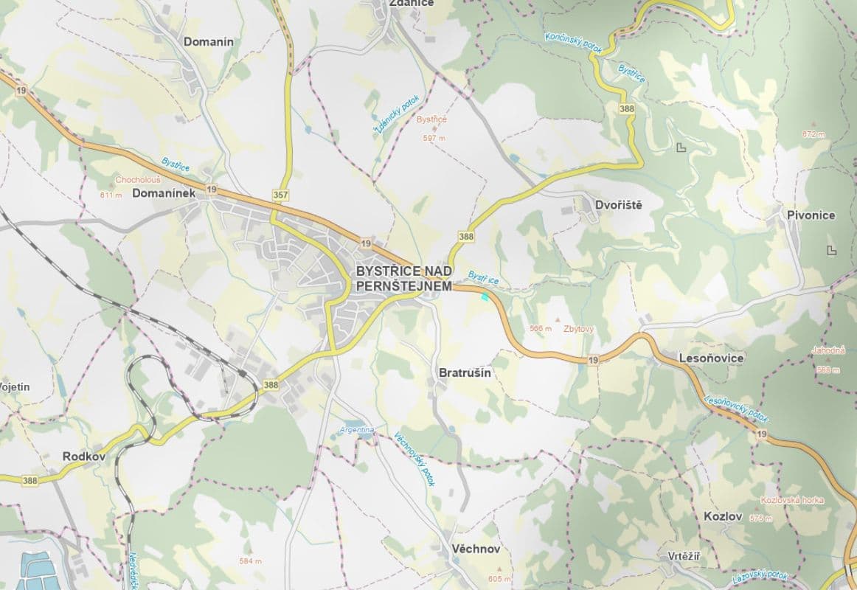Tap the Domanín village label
pyautogui.click(x=208, y=41)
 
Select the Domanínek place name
pyautogui.click(x=163, y=193)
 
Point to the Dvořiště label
pyautogui.click(x=618, y=204)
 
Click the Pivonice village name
pyautogui.click(x=811, y=215)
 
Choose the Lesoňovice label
pyautogui.click(x=710, y=358)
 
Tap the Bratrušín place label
pyautogui.click(x=465, y=373)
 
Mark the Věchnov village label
pyautogui.click(x=476, y=549)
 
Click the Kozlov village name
pyautogui.click(x=723, y=516)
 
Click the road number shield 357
pyautogui.click(x=280, y=195)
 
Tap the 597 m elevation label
pyautogui.click(x=434, y=138)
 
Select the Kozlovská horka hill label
pyautogui.click(x=791, y=500)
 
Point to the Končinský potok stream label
pyautogui.click(x=573, y=42)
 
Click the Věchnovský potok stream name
pyautogui.click(x=414, y=458)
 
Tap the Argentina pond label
pyautogui.click(x=357, y=429)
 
